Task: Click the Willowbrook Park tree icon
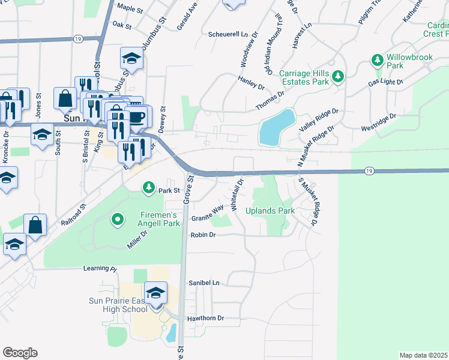pyautogui.click(x=378, y=60)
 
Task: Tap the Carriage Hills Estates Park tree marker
pyautogui.click(x=339, y=76)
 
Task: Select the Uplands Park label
pyautogui.click(x=270, y=211)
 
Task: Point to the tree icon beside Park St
pyautogui.click(x=148, y=188)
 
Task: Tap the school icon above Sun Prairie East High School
pyautogui.click(x=156, y=293)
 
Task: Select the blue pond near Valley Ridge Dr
pyautogui.click(x=277, y=128)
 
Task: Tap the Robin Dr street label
pyautogui.click(x=203, y=236)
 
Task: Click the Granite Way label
pyautogui.click(x=207, y=213)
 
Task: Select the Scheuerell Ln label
pyautogui.click(x=228, y=34)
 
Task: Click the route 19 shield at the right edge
pyautogui.click(x=369, y=172)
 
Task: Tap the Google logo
pyautogui.click(x=20, y=353)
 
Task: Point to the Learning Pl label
pyautogui.click(x=100, y=268)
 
